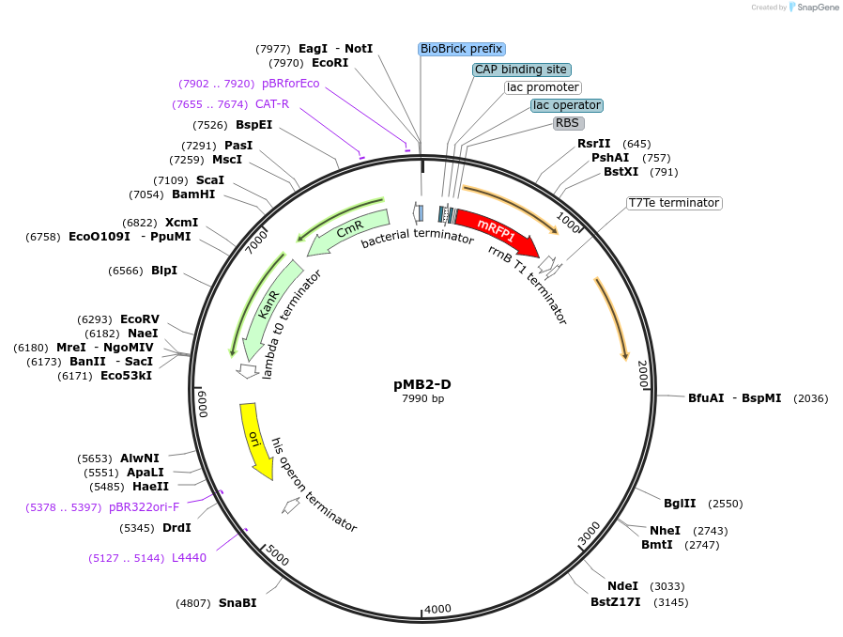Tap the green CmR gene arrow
coord(348,231)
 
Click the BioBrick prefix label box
coord(461,49)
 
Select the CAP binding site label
coord(521,70)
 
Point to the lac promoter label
coord(543,87)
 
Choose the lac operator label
coord(566,105)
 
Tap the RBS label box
coord(567,123)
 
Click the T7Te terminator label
coord(673,203)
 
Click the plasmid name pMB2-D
coord(422,384)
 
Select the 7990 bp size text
coord(422,399)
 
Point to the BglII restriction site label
coord(680,504)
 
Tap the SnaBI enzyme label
coord(237,603)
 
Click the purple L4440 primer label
coord(189,558)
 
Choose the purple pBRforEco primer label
coord(290,84)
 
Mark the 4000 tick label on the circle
coord(437,610)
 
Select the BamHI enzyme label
coord(193,194)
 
